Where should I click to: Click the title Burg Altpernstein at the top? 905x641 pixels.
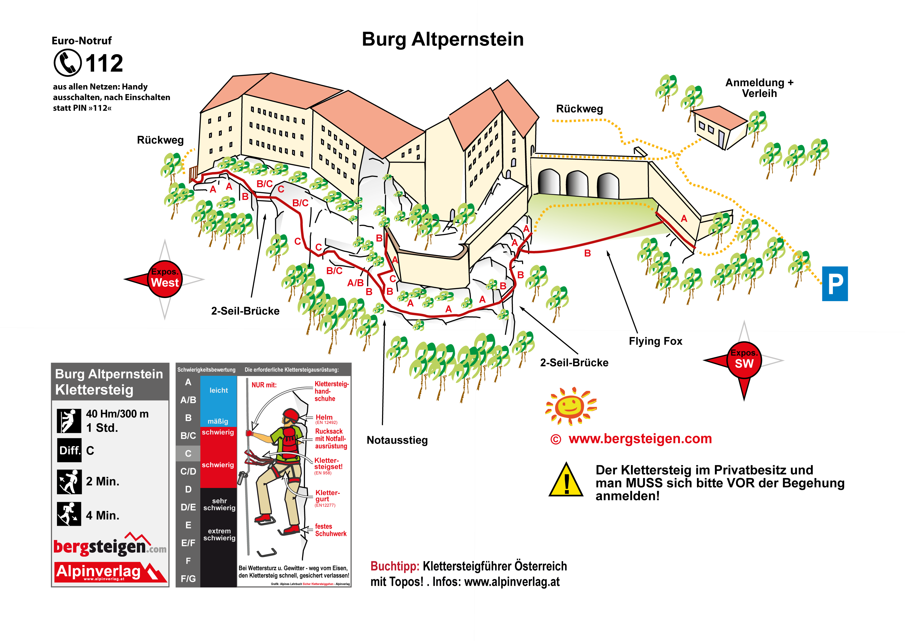point(442,39)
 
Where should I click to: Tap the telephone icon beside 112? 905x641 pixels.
point(67,63)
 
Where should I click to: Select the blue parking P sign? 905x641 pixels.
point(834,283)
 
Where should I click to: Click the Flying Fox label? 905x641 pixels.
point(655,341)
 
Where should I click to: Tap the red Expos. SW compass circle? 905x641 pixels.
point(744,360)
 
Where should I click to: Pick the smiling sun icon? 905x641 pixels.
point(571,406)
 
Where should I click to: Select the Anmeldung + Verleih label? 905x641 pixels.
point(759,88)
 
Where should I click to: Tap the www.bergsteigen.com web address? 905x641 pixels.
point(640,438)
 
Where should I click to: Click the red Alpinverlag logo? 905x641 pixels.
point(110,572)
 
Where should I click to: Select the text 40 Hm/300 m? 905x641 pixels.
point(117,414)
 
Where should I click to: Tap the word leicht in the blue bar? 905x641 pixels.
point(219,390)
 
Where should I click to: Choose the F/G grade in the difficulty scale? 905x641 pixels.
point(188,579)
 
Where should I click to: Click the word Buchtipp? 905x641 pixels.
point(394,566)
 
